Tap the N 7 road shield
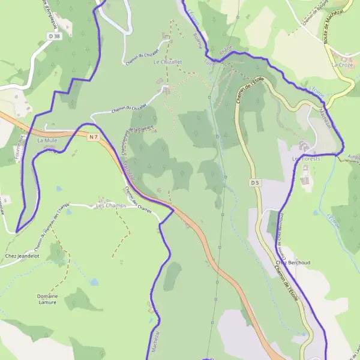point(92,137)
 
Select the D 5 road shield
point(255,182)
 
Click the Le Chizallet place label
point(167,62)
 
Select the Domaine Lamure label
point(46,299)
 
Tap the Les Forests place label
point(306,159)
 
